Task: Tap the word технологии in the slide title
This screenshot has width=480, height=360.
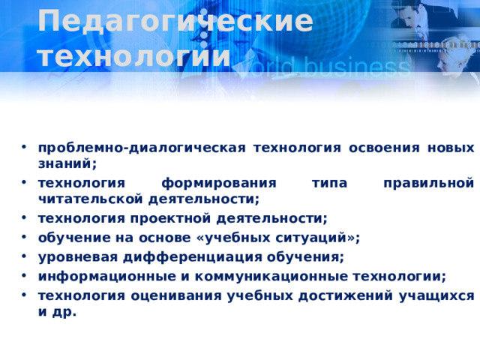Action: [134, 55]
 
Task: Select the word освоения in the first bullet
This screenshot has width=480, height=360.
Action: [386, 147]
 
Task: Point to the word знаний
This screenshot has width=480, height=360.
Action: [66, 163]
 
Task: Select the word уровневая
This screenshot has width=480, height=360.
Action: [75, 257]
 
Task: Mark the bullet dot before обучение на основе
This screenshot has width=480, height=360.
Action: [25, 238]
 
